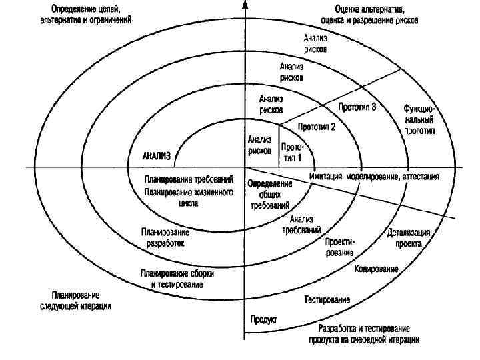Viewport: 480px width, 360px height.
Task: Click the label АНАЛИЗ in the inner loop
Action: [x=157, y=157]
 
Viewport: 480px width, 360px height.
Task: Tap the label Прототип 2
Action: [x=316, y=126]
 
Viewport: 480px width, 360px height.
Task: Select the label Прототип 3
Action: [x=357, y=107]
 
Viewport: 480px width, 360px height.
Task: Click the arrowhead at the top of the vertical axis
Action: [x=245, y=5]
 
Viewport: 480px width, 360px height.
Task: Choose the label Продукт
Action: [x=263, y=319]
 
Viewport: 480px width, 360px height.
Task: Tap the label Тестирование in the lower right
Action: [x=327, y=301]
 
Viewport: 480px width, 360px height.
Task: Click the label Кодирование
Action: [x=377, y=269]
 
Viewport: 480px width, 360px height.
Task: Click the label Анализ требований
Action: [x=301, y=224]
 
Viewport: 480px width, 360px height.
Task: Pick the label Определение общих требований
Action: [x=269, y=195]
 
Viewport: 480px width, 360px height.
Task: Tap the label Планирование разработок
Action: [x=165, y=238]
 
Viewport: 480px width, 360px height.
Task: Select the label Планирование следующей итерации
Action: [x=75, y=301]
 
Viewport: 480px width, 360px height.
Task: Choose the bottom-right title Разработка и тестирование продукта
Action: [x=363, y=334]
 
